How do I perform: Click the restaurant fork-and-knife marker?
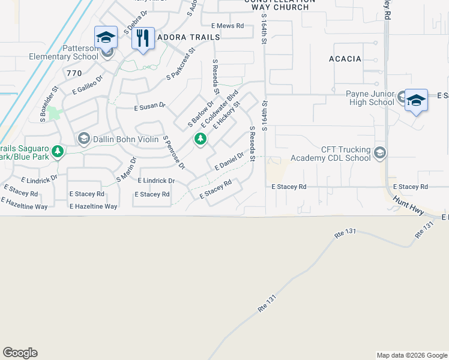[143, 38]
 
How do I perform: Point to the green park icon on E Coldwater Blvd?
[200, 140]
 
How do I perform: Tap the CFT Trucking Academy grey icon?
[379, 154]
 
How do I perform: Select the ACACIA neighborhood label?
[345, 59]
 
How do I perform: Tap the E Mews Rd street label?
[228, 26]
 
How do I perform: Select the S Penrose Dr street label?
[174, 152]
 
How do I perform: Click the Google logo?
[20, 353]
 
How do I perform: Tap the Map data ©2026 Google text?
[411, 355]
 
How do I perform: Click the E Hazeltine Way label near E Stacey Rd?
[93, 206]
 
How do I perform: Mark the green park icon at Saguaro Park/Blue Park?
[58, 151]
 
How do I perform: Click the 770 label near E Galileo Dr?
[74, 73]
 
